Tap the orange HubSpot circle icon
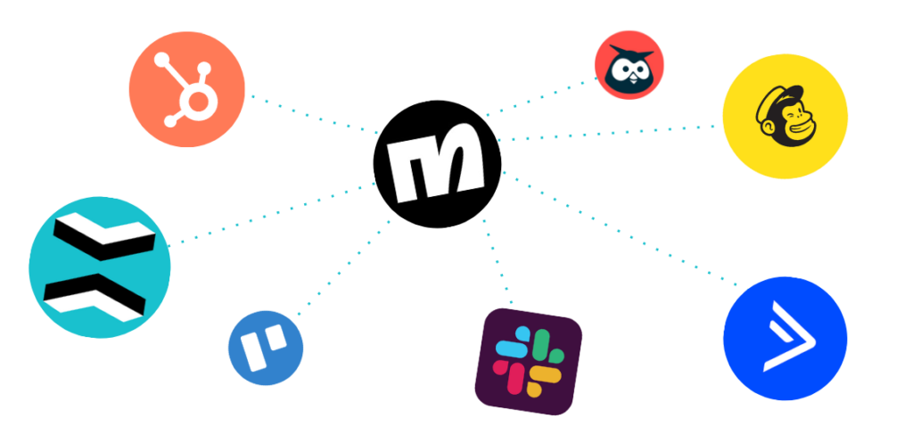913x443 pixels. [186, 86]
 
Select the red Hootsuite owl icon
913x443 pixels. [629, 66]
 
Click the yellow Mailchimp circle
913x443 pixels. [784, 116]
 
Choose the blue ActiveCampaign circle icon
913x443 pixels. [784, 339]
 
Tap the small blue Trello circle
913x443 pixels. [265, 345]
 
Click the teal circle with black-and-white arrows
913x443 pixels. [99, 267]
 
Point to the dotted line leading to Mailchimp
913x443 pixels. [606, 133]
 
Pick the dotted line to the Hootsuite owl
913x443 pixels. [539, 97]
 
